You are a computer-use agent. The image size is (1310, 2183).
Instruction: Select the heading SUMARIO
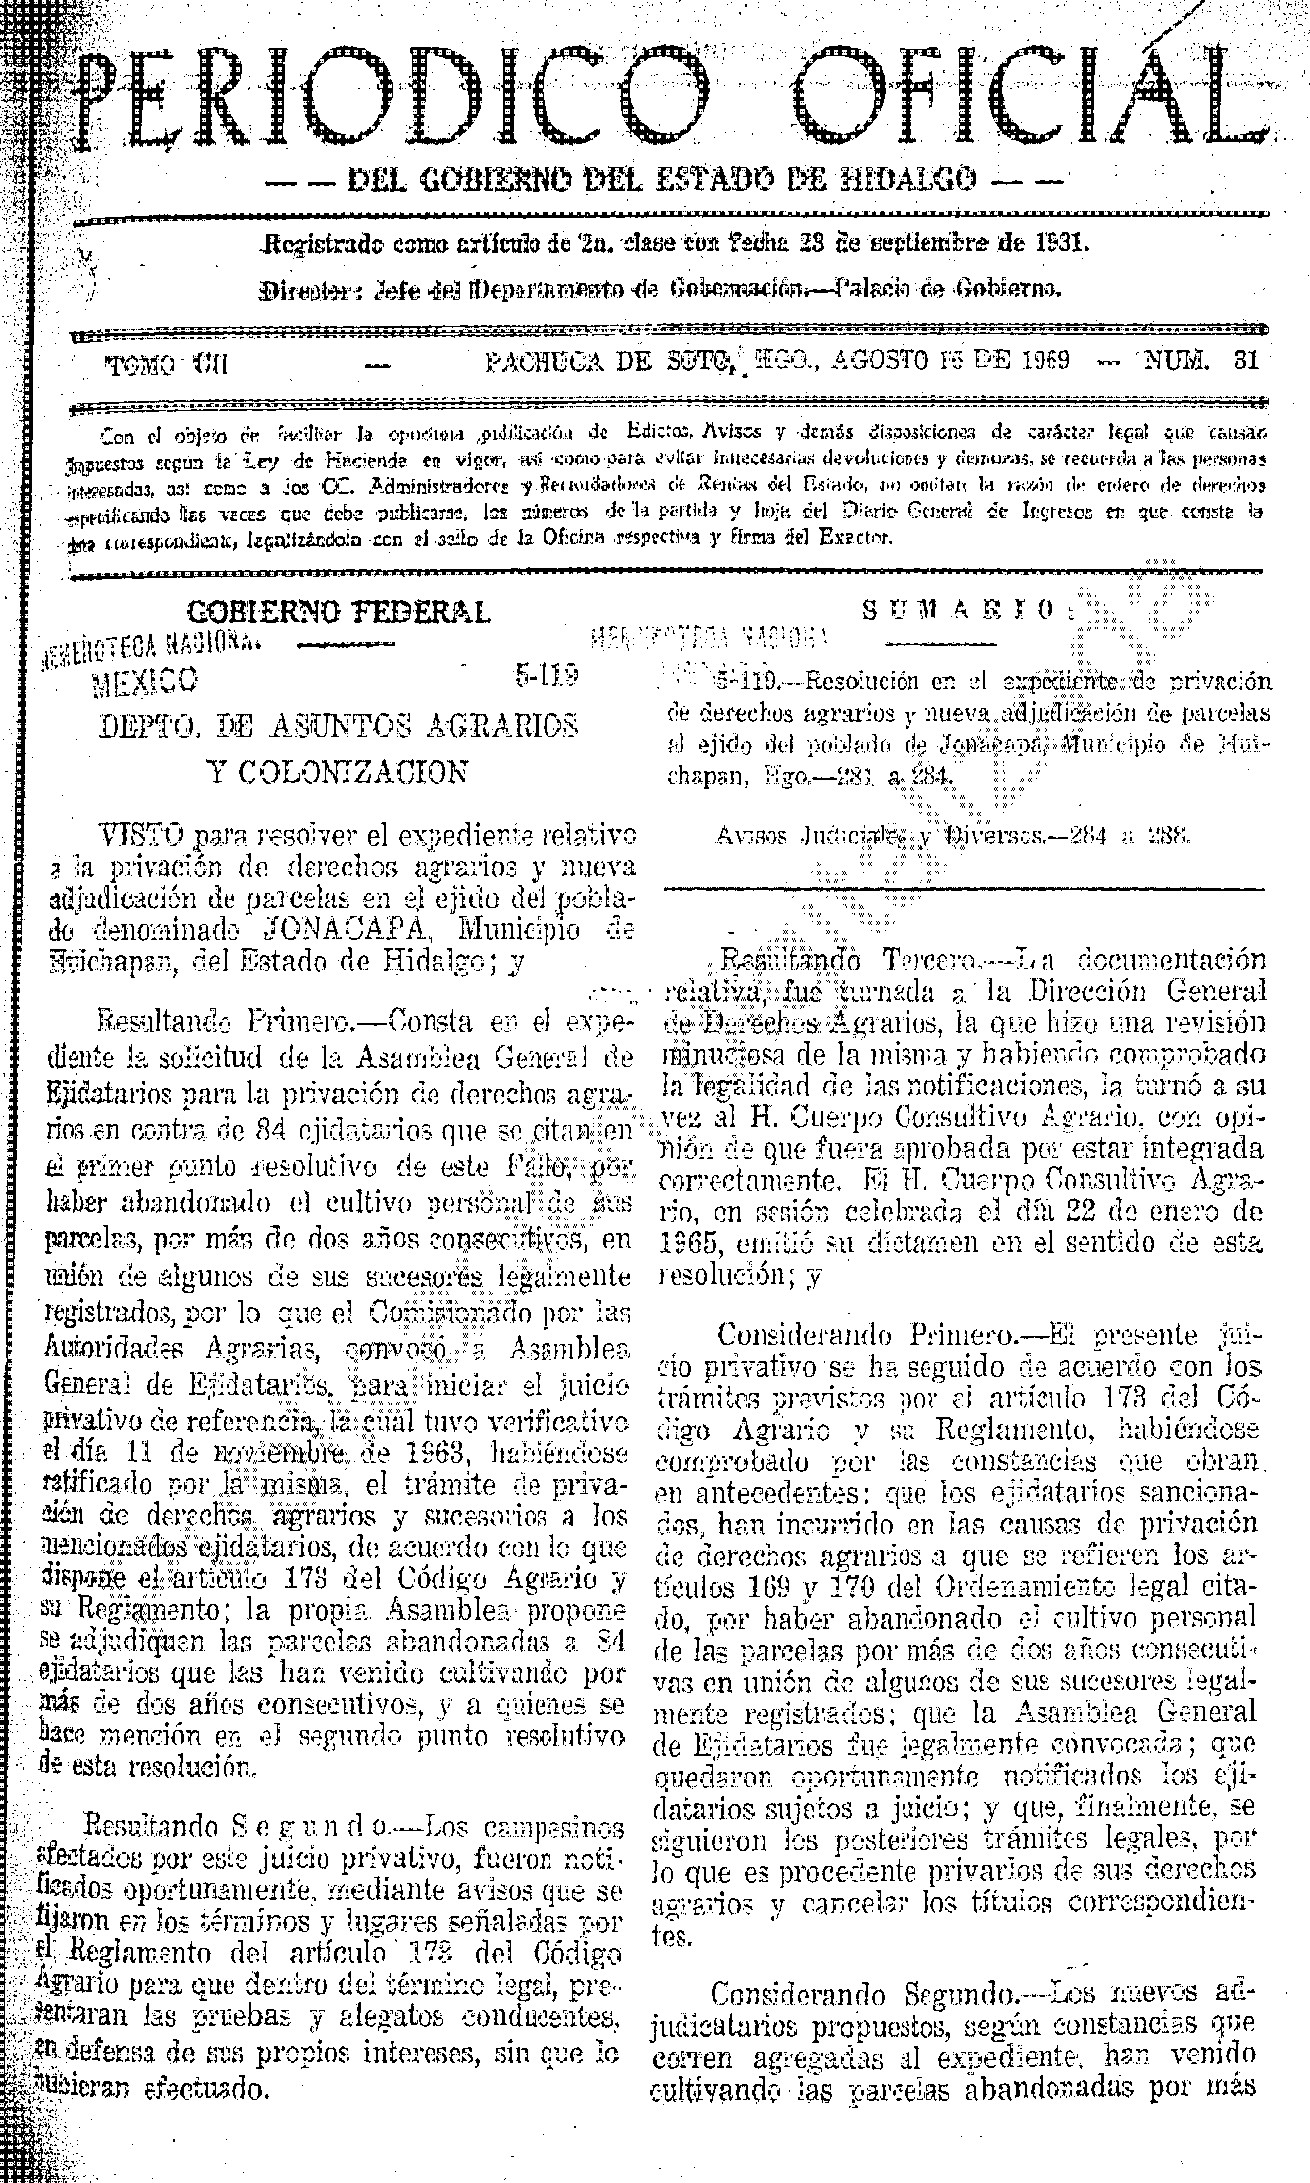[x=969, y=610]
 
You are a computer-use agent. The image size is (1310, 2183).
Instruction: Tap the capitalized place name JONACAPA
[x=333, y=931]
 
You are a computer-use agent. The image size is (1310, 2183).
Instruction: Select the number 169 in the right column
[x=770, y=1589]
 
